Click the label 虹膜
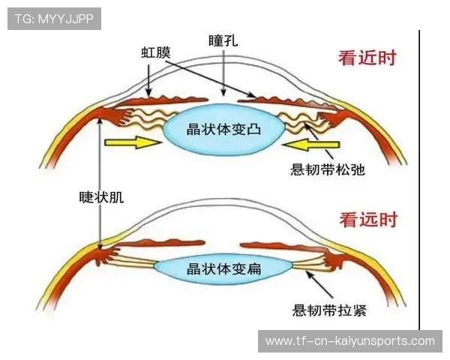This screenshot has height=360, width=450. point(156,52)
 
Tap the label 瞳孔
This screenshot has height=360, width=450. point(223,40)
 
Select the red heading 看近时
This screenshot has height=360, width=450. point(367,58)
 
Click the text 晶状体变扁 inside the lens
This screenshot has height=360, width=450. point(223,268)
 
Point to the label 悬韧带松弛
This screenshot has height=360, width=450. point(327,169)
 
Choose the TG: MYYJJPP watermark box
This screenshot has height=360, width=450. point(54,19)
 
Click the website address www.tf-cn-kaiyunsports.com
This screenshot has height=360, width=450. point(350,341)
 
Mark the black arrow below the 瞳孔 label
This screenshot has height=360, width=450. point(223,72)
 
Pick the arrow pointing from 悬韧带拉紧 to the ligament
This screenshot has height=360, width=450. point(319,285)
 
